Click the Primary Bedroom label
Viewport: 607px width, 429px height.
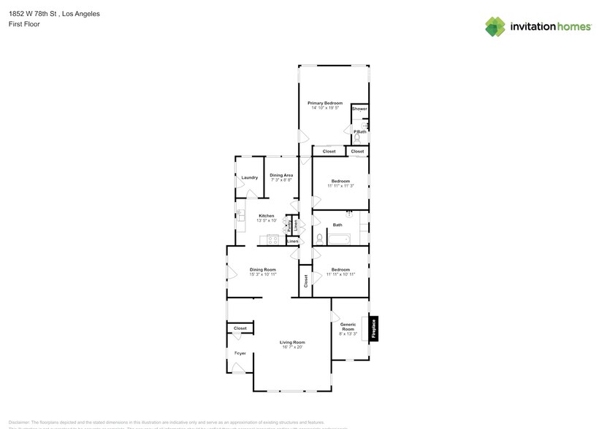pyautogui.click(x=325, y=103)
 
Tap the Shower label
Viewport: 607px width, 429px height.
pyautogui.click(x=359, y=109)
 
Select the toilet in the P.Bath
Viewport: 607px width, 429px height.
pyautogui.click(x=358, y=137)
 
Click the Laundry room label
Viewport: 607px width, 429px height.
pyautogui.click(x=249, y=177)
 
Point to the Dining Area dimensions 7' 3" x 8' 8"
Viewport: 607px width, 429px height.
pyautogui.click(x=281, y=179)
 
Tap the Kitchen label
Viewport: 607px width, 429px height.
pyautogui.click(x=267, y=215)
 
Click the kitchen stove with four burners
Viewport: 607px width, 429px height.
pyautogui.click(x=273, y=239)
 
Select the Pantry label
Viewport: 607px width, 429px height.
pyautogui.click(x=289, y=225)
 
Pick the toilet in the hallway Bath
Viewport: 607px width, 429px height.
pyautogui.click(x=320, y=239)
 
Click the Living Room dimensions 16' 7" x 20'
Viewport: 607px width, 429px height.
pyautogui.click(x=292, y=347)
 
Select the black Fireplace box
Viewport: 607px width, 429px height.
pyautogui.click(x=374, y=329)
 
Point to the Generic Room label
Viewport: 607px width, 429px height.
pyautogui.click(x=348, y=327)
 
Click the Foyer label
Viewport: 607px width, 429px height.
pyautogui.click(x=240, y=353)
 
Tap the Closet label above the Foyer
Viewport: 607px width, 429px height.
pyautogui.click(x=240, y=328)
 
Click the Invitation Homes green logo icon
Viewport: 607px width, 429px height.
pyautogui.click(x=495, y=26)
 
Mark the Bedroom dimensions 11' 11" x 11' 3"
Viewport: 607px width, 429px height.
pyautogui.click(x=340, y=186)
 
